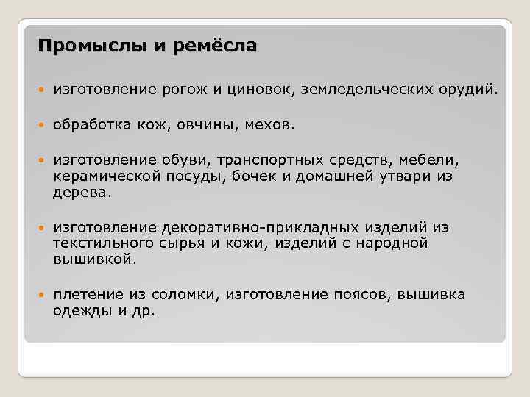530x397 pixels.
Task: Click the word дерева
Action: pyautogui.click(x=83, y=193)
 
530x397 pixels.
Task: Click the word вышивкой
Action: pyautogui.click(x=94, y=260)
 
